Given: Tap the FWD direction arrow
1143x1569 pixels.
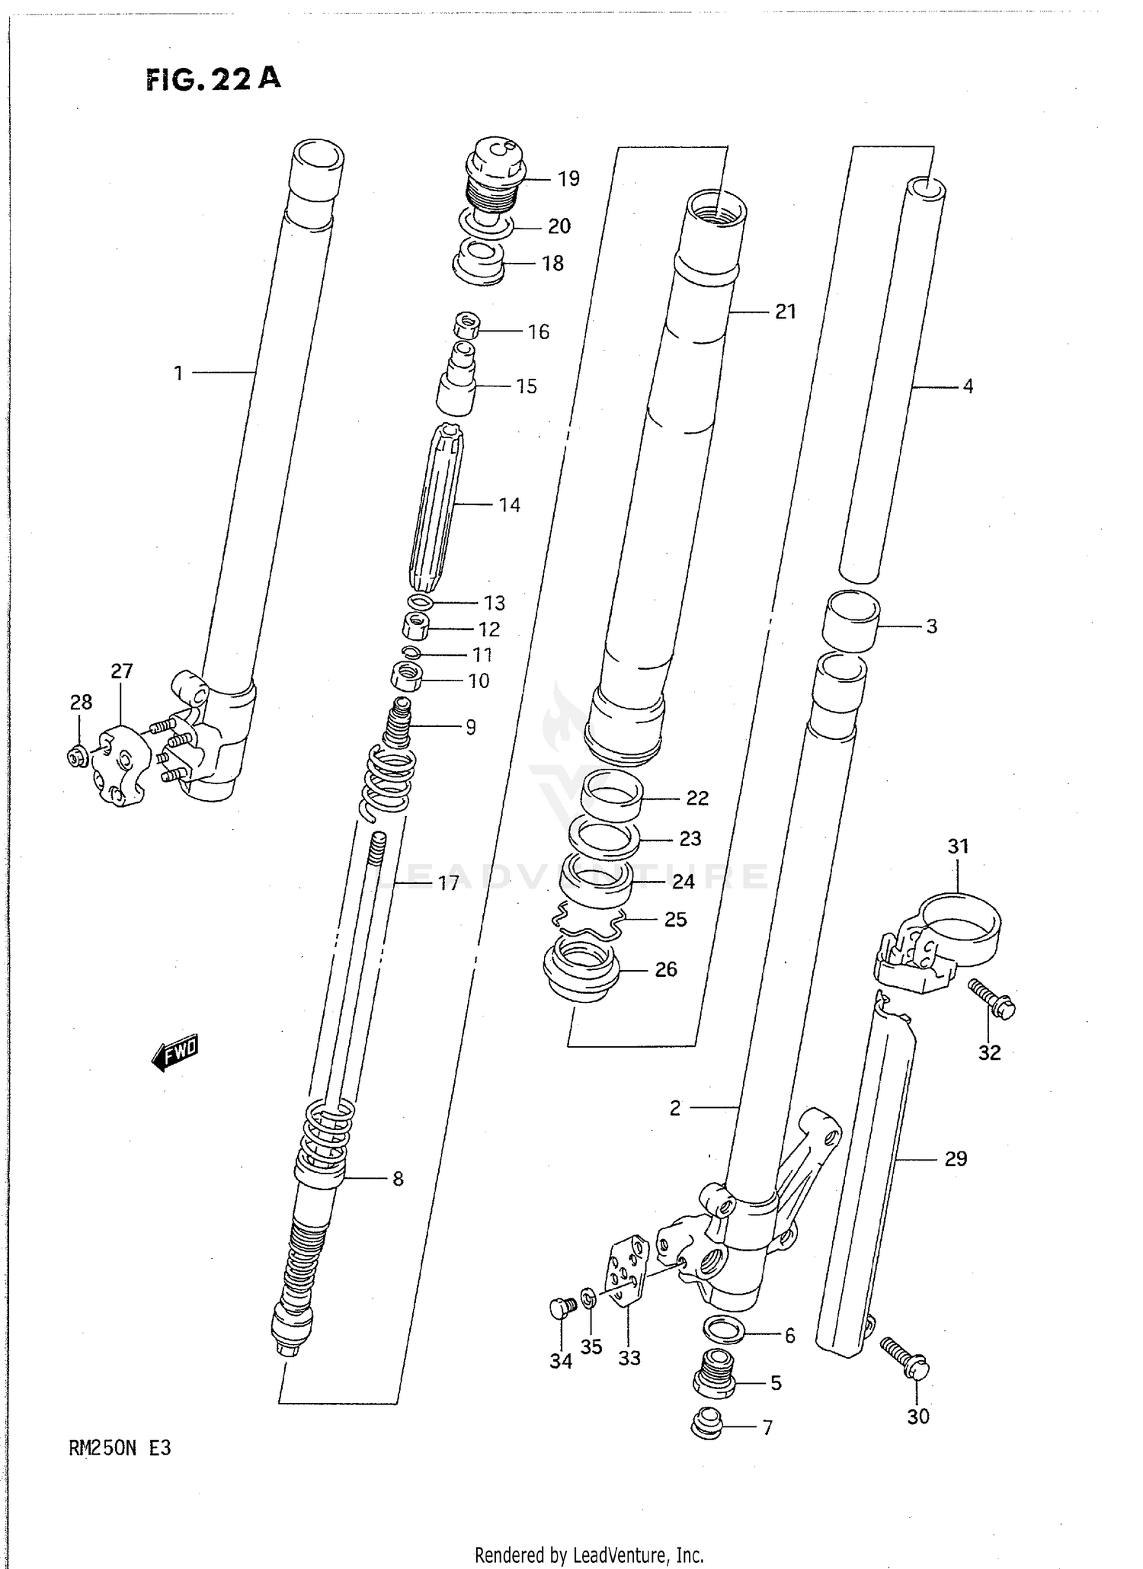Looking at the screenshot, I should tap(176, 1052).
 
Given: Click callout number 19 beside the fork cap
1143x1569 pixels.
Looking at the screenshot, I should tap(568, 178).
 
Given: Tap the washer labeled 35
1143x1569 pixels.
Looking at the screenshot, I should tap(588, 1298).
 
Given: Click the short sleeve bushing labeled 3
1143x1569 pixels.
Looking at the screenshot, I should tap(850, 620).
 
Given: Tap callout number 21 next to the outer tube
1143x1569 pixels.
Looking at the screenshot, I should tap(785, 311).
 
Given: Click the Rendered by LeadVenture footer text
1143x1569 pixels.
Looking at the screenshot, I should tap(588, 1555).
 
